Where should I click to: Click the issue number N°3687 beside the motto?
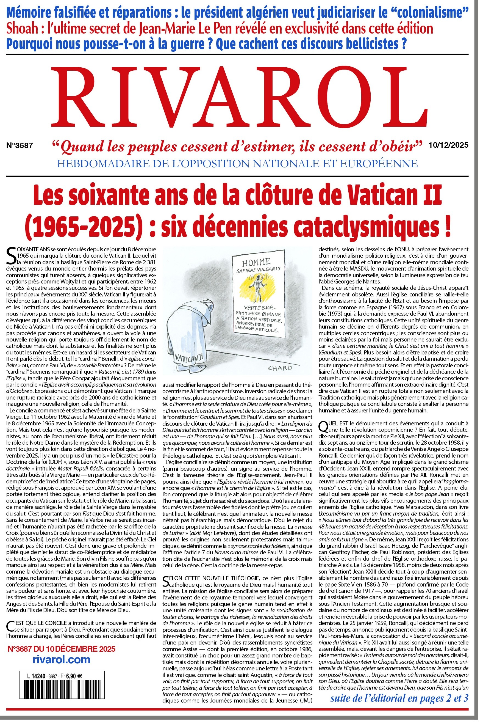coord(20,145)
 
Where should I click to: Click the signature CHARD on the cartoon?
coord(280,368)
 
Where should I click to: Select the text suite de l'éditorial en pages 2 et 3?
coord(399,698)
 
